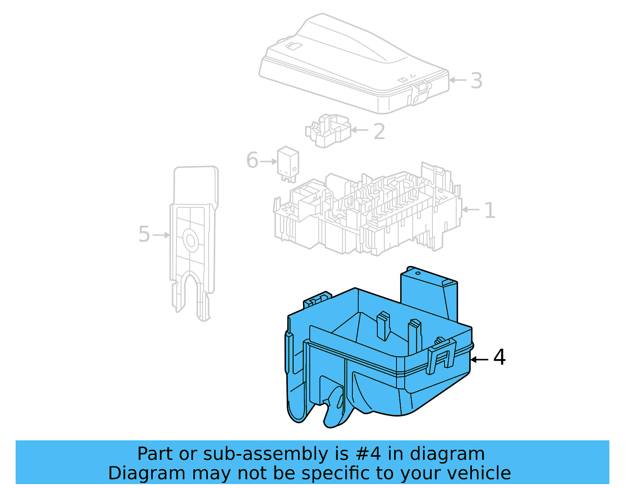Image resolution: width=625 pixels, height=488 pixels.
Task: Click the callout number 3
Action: click(476, 81)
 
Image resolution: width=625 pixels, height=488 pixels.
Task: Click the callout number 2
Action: click(379, 132)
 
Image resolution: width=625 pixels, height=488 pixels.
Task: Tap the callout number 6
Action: click(252, 160)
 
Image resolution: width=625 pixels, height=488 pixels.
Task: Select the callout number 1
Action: click(489, 211)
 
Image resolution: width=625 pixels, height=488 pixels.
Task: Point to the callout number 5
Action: click(144, 234)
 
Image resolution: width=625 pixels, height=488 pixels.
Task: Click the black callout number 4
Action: click(499, 358)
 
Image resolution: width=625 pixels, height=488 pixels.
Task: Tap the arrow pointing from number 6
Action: click(269, 161)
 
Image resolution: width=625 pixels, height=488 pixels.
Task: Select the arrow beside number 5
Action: click(161, 235)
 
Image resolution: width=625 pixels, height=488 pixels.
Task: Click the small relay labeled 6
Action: click(288, 163)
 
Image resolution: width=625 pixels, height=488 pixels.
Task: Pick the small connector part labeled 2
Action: click(327, 131)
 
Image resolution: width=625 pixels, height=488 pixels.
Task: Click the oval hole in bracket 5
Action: click(191, 240)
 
